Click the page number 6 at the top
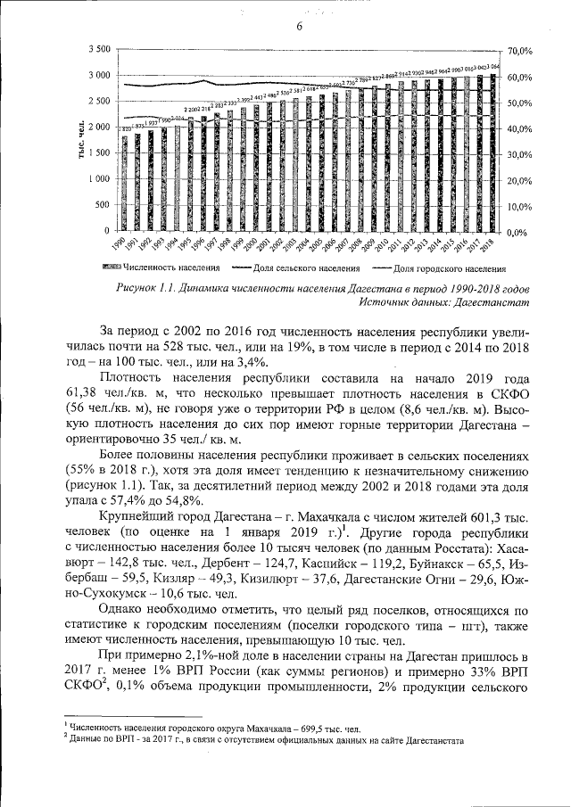tap(300, 26)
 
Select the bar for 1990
tap(125, 183)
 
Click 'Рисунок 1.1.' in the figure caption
tap(148, 290)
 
